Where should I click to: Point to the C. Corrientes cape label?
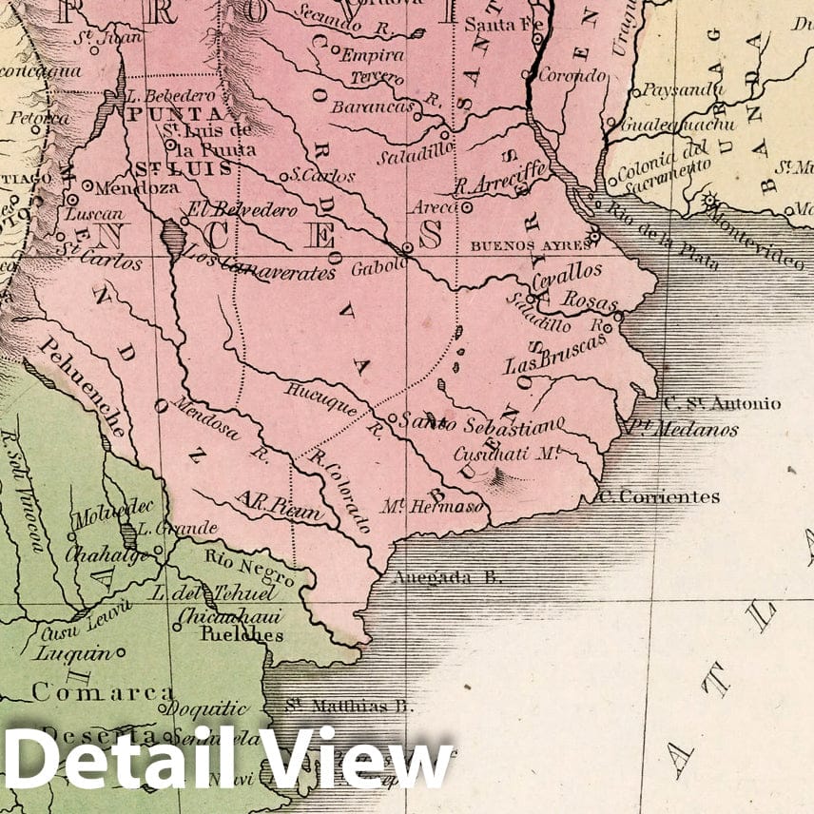tap(658, 496)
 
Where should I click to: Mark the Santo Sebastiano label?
tap(480, 422)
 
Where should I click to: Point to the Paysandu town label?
tap(677, 91)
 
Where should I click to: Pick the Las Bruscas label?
tap(554, 355)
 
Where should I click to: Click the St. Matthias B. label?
tap(352, 707)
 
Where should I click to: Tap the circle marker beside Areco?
tap(467, 206)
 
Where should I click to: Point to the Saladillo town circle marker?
tap(443, 134)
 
